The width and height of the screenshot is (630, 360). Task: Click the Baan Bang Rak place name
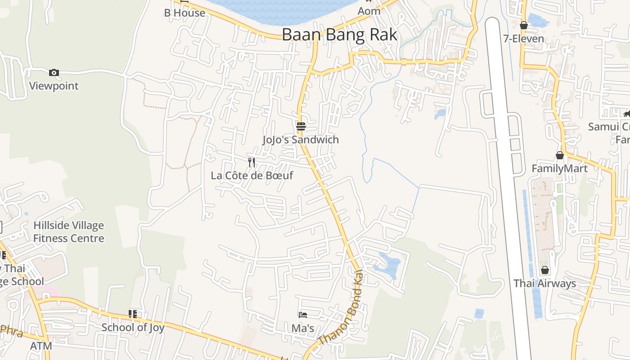(x=340, y=35)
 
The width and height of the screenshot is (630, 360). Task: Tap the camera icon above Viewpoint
(x=54, y=72)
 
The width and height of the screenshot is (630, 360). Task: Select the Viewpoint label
(x=54, y=85)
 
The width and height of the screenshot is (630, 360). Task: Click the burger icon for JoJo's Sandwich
(x=301, y=126)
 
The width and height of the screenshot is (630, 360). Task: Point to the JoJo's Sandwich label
(x=301, y=139)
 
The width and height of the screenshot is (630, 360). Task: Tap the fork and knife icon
(x=252, y=162)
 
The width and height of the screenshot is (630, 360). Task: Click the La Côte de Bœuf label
(x=252, y=175)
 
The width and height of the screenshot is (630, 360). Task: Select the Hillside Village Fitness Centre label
(x=68, y=232)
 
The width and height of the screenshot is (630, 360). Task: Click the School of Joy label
(x=133, y=327)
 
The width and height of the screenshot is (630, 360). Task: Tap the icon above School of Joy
(x=132, y=314)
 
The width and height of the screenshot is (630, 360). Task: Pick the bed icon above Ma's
(x=303, y=315)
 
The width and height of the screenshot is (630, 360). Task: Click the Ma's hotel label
(x=303, y=328)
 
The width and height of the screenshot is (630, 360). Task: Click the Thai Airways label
(x=545, y=283)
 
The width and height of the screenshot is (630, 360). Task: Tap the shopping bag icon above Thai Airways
(x=545, y=270)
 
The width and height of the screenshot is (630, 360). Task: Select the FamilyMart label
(x=559, y=168)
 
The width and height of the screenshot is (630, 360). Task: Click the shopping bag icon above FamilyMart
(x=559, y=155)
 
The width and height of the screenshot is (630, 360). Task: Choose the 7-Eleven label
(x=524, y=39)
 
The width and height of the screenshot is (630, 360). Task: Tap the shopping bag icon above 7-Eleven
(x=524, y=25)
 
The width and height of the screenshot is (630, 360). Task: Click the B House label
(x=184, y=13)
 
